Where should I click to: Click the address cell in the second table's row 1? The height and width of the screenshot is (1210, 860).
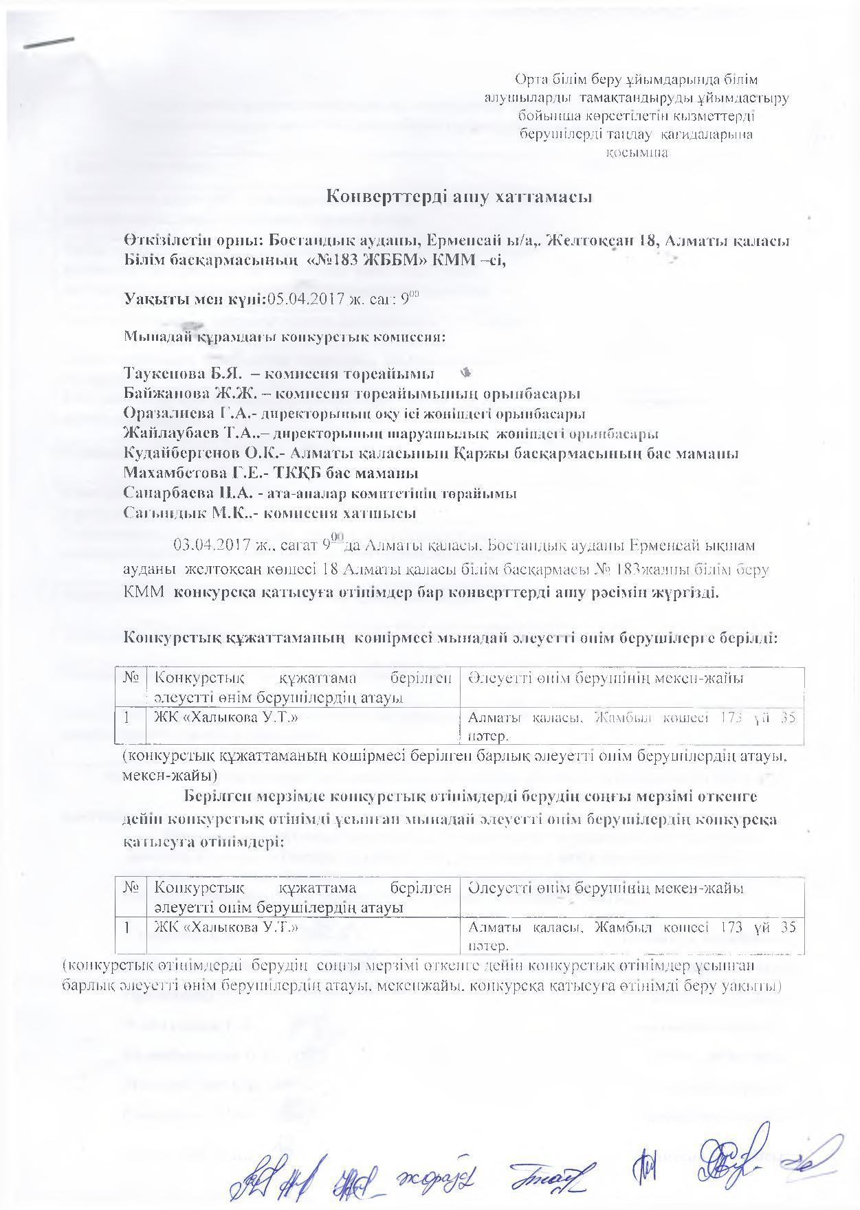coord(631,934)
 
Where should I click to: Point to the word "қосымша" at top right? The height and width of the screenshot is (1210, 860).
coord(636,153)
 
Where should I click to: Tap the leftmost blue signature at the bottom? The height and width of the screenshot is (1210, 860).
coord(251,1165)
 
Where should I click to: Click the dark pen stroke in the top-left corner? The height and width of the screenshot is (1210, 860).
coord(49,43)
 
